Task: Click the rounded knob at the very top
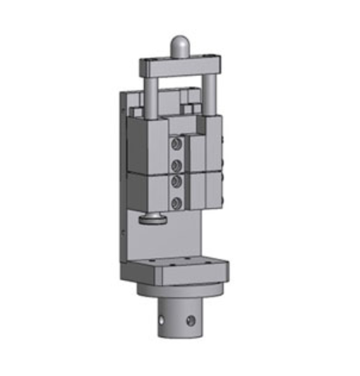[x=181, y=46]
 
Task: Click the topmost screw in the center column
[x=176, y=144]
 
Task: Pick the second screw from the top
[x=176, y=166]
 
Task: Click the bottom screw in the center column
[x=176, y=203]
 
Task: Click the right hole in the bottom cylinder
[x=190, y=321]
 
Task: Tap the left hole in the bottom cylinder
[x=162, y=320]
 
